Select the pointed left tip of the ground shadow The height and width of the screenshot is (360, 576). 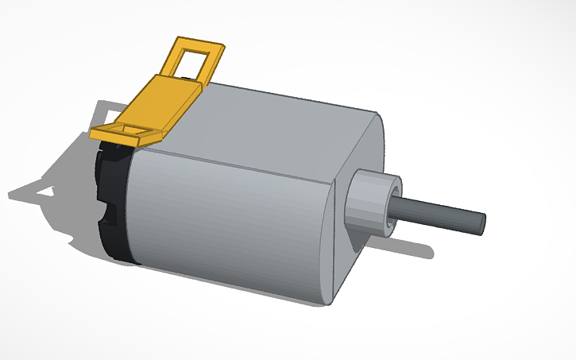point(11,195)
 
